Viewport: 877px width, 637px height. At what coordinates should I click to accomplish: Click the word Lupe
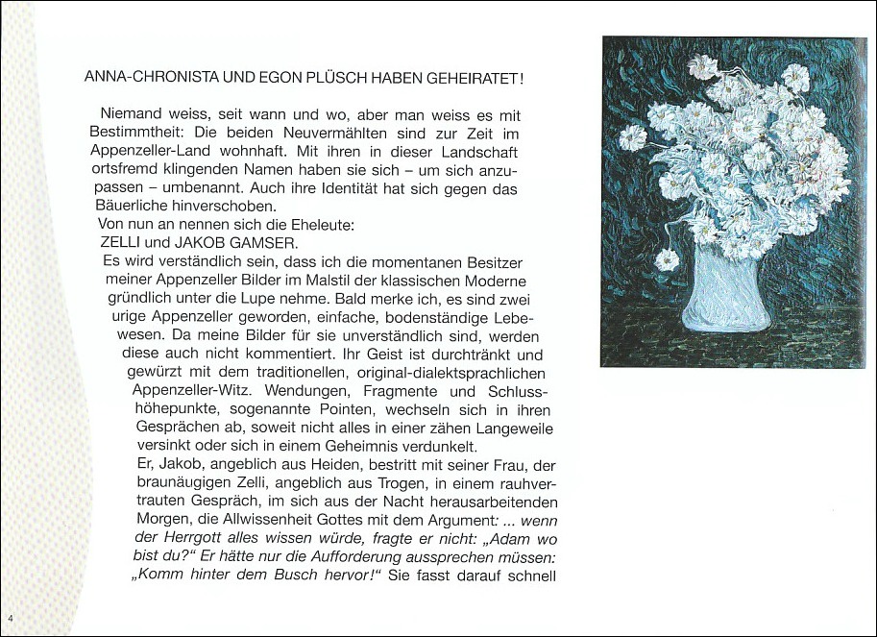click(x=237, y=299)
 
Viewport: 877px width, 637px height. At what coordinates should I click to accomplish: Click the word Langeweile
click(x=511, y=429)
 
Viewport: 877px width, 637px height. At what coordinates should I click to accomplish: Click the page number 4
click(x=9, y=617)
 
